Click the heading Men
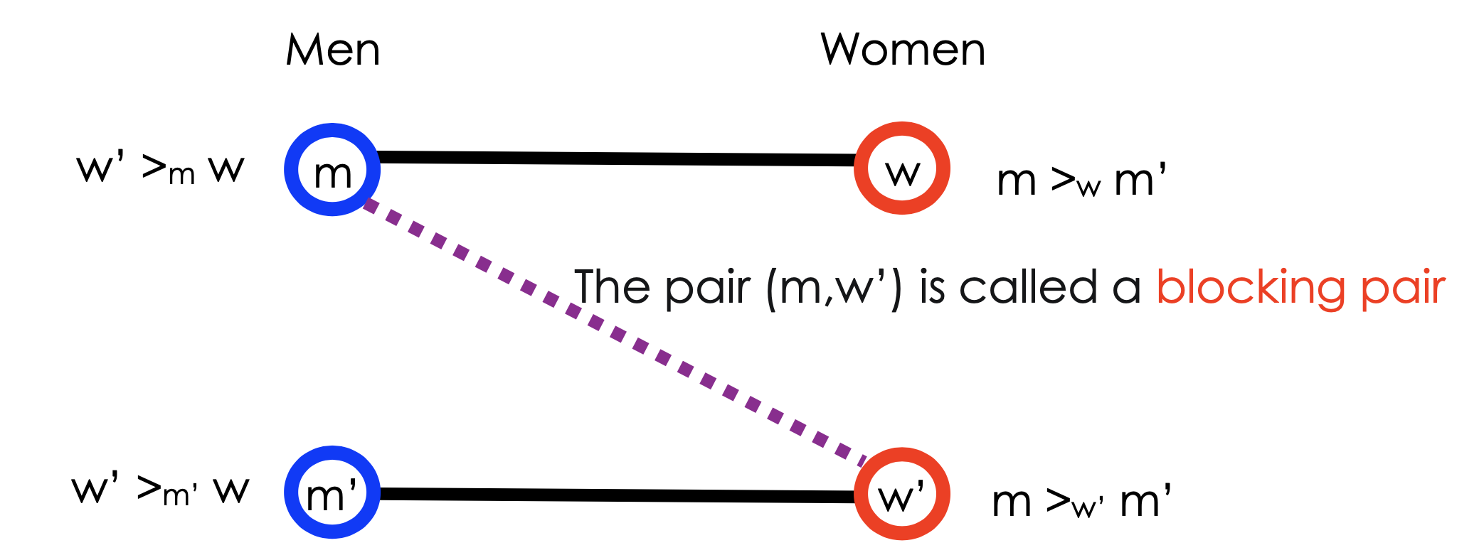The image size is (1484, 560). click(333, 50)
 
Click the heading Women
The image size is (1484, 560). click(903, 50)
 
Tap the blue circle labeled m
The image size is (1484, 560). click(332, 170)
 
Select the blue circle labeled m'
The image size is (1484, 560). click(332, 492)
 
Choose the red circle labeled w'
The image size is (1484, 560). click(902, 494)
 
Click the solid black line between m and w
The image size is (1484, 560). click(616, 158)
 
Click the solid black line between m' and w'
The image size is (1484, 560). click(616, 495)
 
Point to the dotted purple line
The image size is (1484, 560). click(498, 274)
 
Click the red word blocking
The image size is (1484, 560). click(1251, 288)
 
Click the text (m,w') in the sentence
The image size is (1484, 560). click(834, 288)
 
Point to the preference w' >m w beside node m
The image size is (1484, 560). click(160, 169)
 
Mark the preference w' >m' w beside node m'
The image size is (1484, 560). click(160, 490)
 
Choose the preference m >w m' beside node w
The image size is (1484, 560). click(1081, 181)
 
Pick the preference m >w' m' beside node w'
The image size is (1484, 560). click(1081, 502)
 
